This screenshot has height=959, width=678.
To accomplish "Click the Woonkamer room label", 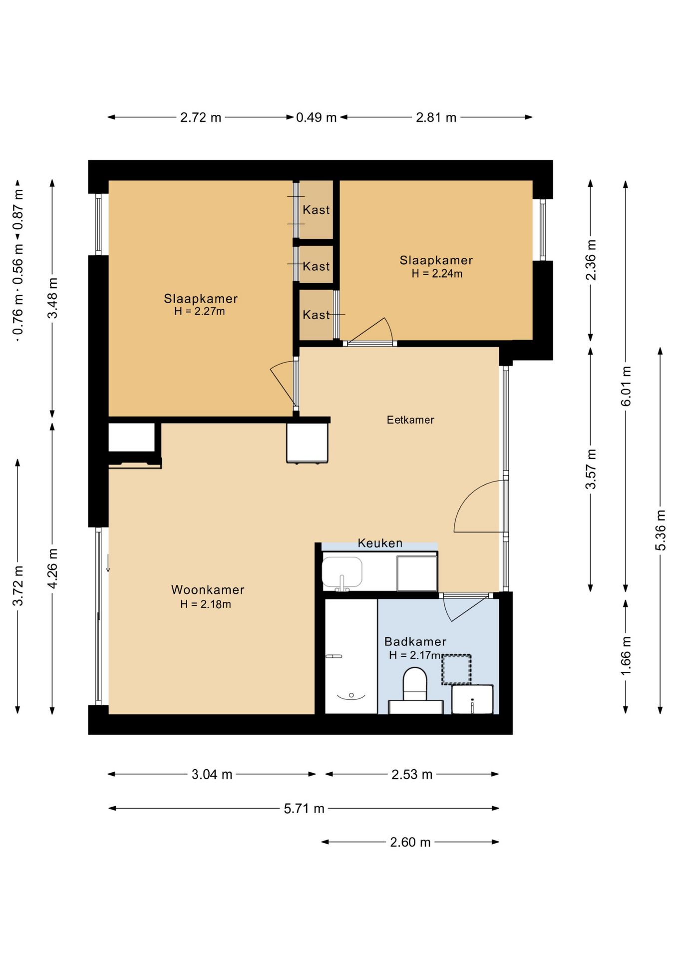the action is coord(208,590).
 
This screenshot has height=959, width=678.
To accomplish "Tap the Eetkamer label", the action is coord(410,420).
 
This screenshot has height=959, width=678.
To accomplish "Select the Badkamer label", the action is coord(415,642).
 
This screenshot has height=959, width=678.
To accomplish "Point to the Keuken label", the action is coord(380,543).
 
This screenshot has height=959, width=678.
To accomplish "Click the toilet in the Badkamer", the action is coord(415,684).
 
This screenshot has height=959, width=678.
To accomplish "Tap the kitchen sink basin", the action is coord(342,572).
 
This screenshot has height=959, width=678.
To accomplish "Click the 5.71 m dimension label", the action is coord(304,809).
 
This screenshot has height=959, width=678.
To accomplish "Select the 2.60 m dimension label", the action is coord(410,842).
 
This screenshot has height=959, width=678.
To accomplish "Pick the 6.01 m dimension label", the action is coord(626,386).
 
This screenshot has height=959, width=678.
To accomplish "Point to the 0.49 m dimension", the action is coord(316,117).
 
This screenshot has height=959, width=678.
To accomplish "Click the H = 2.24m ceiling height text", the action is coord(437,274).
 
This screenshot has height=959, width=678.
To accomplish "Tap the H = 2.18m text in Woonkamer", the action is coord(206,604).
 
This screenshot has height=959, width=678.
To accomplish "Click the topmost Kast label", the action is coord(316,210).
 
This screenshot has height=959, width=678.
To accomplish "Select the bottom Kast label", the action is coord(316,315).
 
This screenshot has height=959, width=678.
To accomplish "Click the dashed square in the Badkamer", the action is coord(456,669).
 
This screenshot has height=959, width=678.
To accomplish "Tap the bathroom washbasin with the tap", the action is coord(472,699).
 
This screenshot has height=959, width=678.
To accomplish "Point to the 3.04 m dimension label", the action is coord(212,775).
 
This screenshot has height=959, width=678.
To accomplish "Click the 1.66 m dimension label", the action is coord(626,656).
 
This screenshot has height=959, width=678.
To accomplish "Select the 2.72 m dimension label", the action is coord(201,117).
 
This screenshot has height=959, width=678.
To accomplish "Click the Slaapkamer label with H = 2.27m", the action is coord(201,299).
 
